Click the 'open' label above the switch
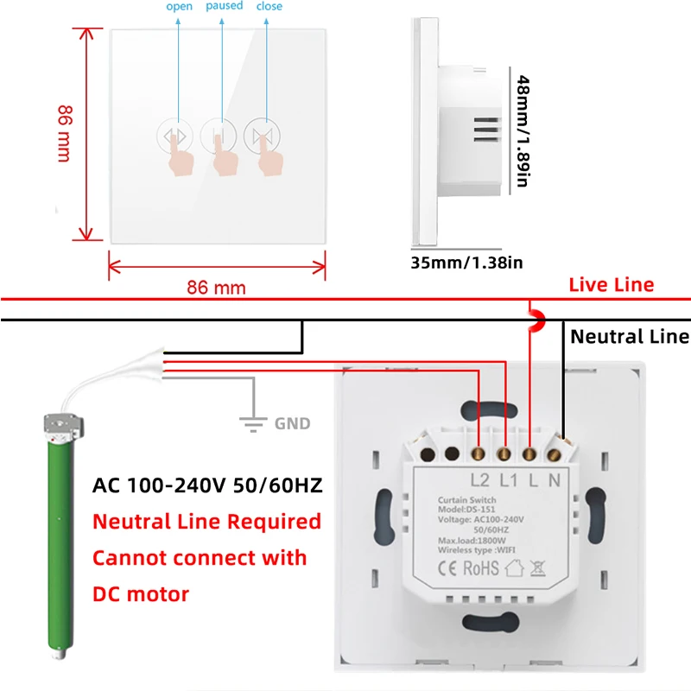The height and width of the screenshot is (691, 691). pyautogui.click(x=179, y=7)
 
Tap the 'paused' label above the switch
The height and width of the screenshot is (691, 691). pyautogui.click(x=224, y=7)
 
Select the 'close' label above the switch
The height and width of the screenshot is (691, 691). pyautogui.click(x=269, y=7)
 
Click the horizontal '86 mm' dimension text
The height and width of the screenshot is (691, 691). pyautogui.click(x=216, y=288)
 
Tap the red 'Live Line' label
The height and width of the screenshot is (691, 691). pyautogui.click(x=611, y=285)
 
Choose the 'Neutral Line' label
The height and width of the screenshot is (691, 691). pyautogui.click(x=630, y=337)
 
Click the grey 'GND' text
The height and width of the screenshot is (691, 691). pyautogui.click(x=292, y=424)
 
